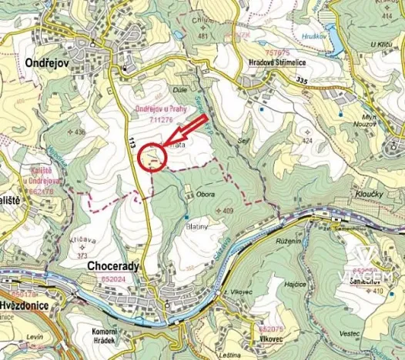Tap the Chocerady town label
[109, 266]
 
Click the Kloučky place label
[370, 195]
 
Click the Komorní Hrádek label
[98, 335]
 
